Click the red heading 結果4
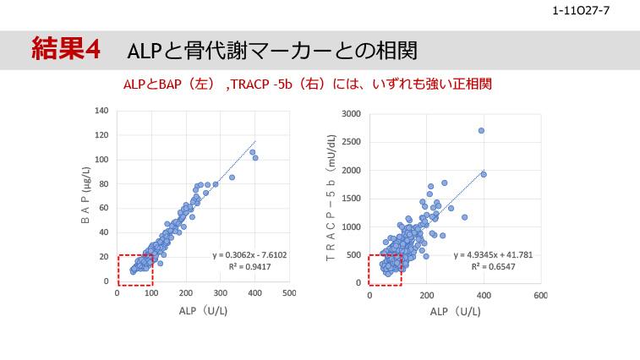tap(65, 49)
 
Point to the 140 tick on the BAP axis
tap(101, 111)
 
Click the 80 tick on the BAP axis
tap(104, 183)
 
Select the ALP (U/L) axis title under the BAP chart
tap(203, 311)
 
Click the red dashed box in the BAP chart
tap(134, 270)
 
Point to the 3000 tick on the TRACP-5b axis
tap(351, 114)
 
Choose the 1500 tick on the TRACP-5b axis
tap(351, 199)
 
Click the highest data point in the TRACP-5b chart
tap(481, 131)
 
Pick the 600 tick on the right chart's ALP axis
tap(540, 295)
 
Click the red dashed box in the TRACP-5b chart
tap(386, 270)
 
